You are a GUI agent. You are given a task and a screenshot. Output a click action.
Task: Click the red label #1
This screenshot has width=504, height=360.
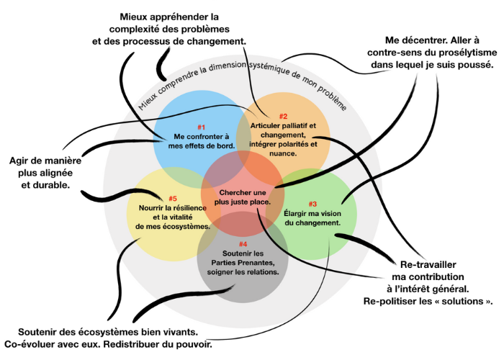click(x=202, y=127)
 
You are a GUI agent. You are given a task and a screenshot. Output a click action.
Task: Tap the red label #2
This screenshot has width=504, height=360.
click(x=283, y=117)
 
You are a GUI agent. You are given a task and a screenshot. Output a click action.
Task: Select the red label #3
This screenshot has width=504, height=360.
click(x=312, y=204)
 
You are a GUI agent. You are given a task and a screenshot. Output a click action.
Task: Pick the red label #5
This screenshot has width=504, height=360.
click(x=173, y=198)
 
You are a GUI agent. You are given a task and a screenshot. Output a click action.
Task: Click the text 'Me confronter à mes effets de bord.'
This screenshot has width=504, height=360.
click(x=202, y=141)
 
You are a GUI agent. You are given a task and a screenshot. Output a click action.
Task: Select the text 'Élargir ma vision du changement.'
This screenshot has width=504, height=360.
click(x=312, y=218)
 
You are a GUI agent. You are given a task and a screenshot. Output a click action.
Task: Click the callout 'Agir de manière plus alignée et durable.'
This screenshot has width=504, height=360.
click(x=45, y=172)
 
